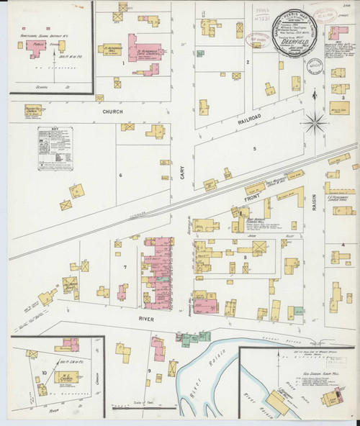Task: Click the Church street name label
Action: point(112,112)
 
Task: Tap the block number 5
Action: point(254,149)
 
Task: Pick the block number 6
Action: point(121,175)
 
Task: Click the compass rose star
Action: point(315,122)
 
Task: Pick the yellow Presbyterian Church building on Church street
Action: point(33,110)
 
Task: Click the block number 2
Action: point(247,62)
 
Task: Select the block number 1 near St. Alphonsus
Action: point(124,63)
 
